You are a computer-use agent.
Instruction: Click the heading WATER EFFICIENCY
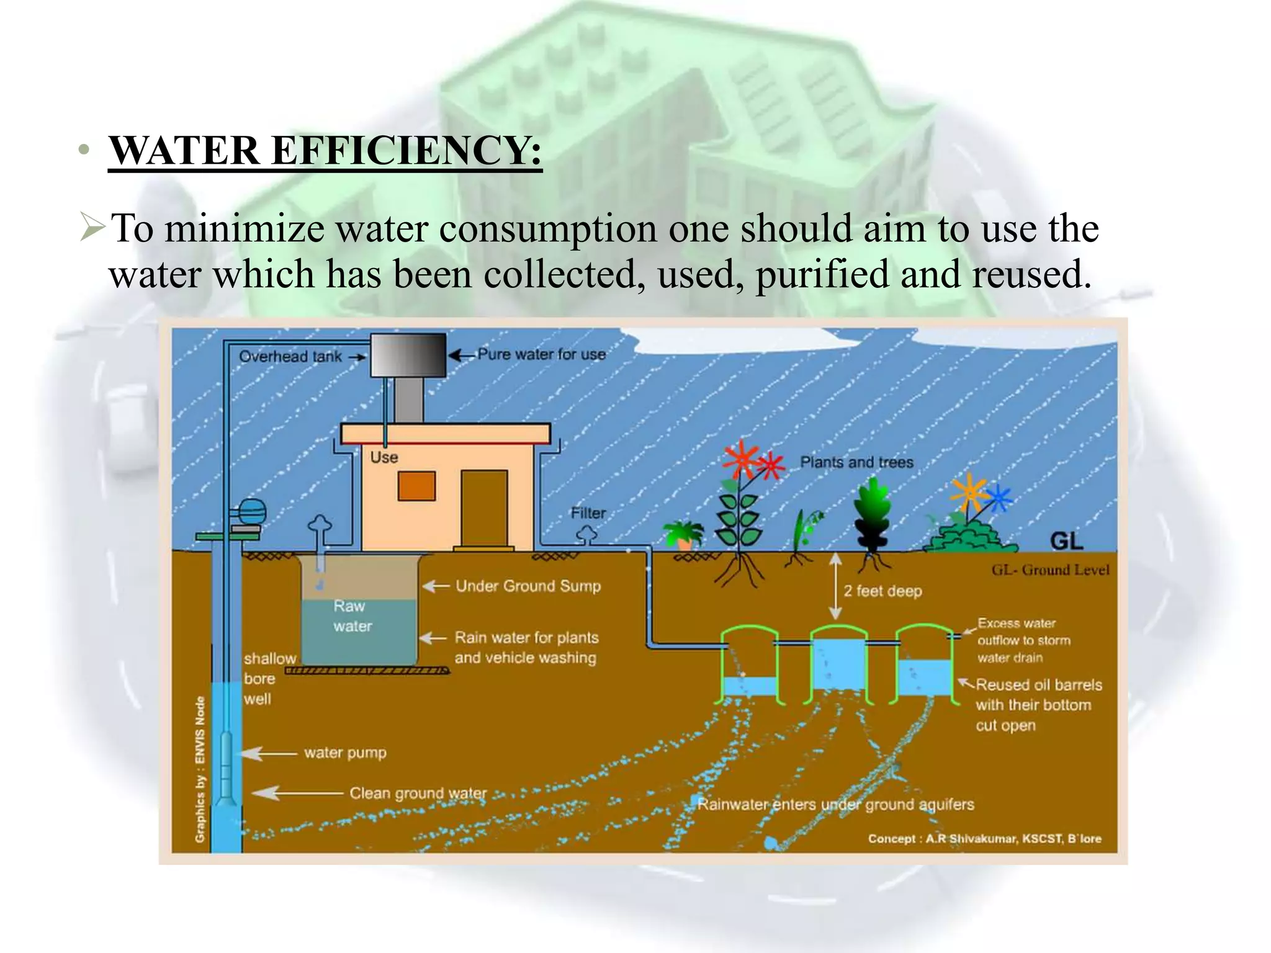pyautogui.click(x=325, y=150)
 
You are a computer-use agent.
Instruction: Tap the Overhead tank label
pyautogui.click(x=290, y=357)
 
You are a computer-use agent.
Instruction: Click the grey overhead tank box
pyautogui.click(x=408, y=356)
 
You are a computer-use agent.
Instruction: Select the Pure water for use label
pyautogui.click(x=541, y=355)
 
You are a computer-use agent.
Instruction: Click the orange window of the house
pyautogui.click(x=416, y=486)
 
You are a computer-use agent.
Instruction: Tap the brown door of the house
pyautogui.click(x=484, y=508)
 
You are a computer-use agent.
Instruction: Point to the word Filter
pyautogui.click(x=588, y=513)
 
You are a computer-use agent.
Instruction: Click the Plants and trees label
pyautogui.click(x=856, y=462)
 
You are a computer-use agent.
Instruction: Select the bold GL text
pyautogui.click(x=1066, y=542)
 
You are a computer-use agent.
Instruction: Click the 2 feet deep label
pyautogui.click(x=883, y=591)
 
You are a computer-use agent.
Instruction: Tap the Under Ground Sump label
pyautogui.click(x=528, y=586)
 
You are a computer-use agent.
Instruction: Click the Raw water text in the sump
pyautogui.click(x=351, y=616)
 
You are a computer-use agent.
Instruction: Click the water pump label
pyautogui.click(x=345, y=753)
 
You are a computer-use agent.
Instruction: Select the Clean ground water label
pyautogui.click(x=418, y=793)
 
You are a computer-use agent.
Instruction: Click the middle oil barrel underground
pyautogui.click(x=837, y=664)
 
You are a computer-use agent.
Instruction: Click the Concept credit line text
pyautogui.click(x=984, y=839)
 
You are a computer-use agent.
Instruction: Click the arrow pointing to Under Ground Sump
pyautogui.click(x=436, y=586)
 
